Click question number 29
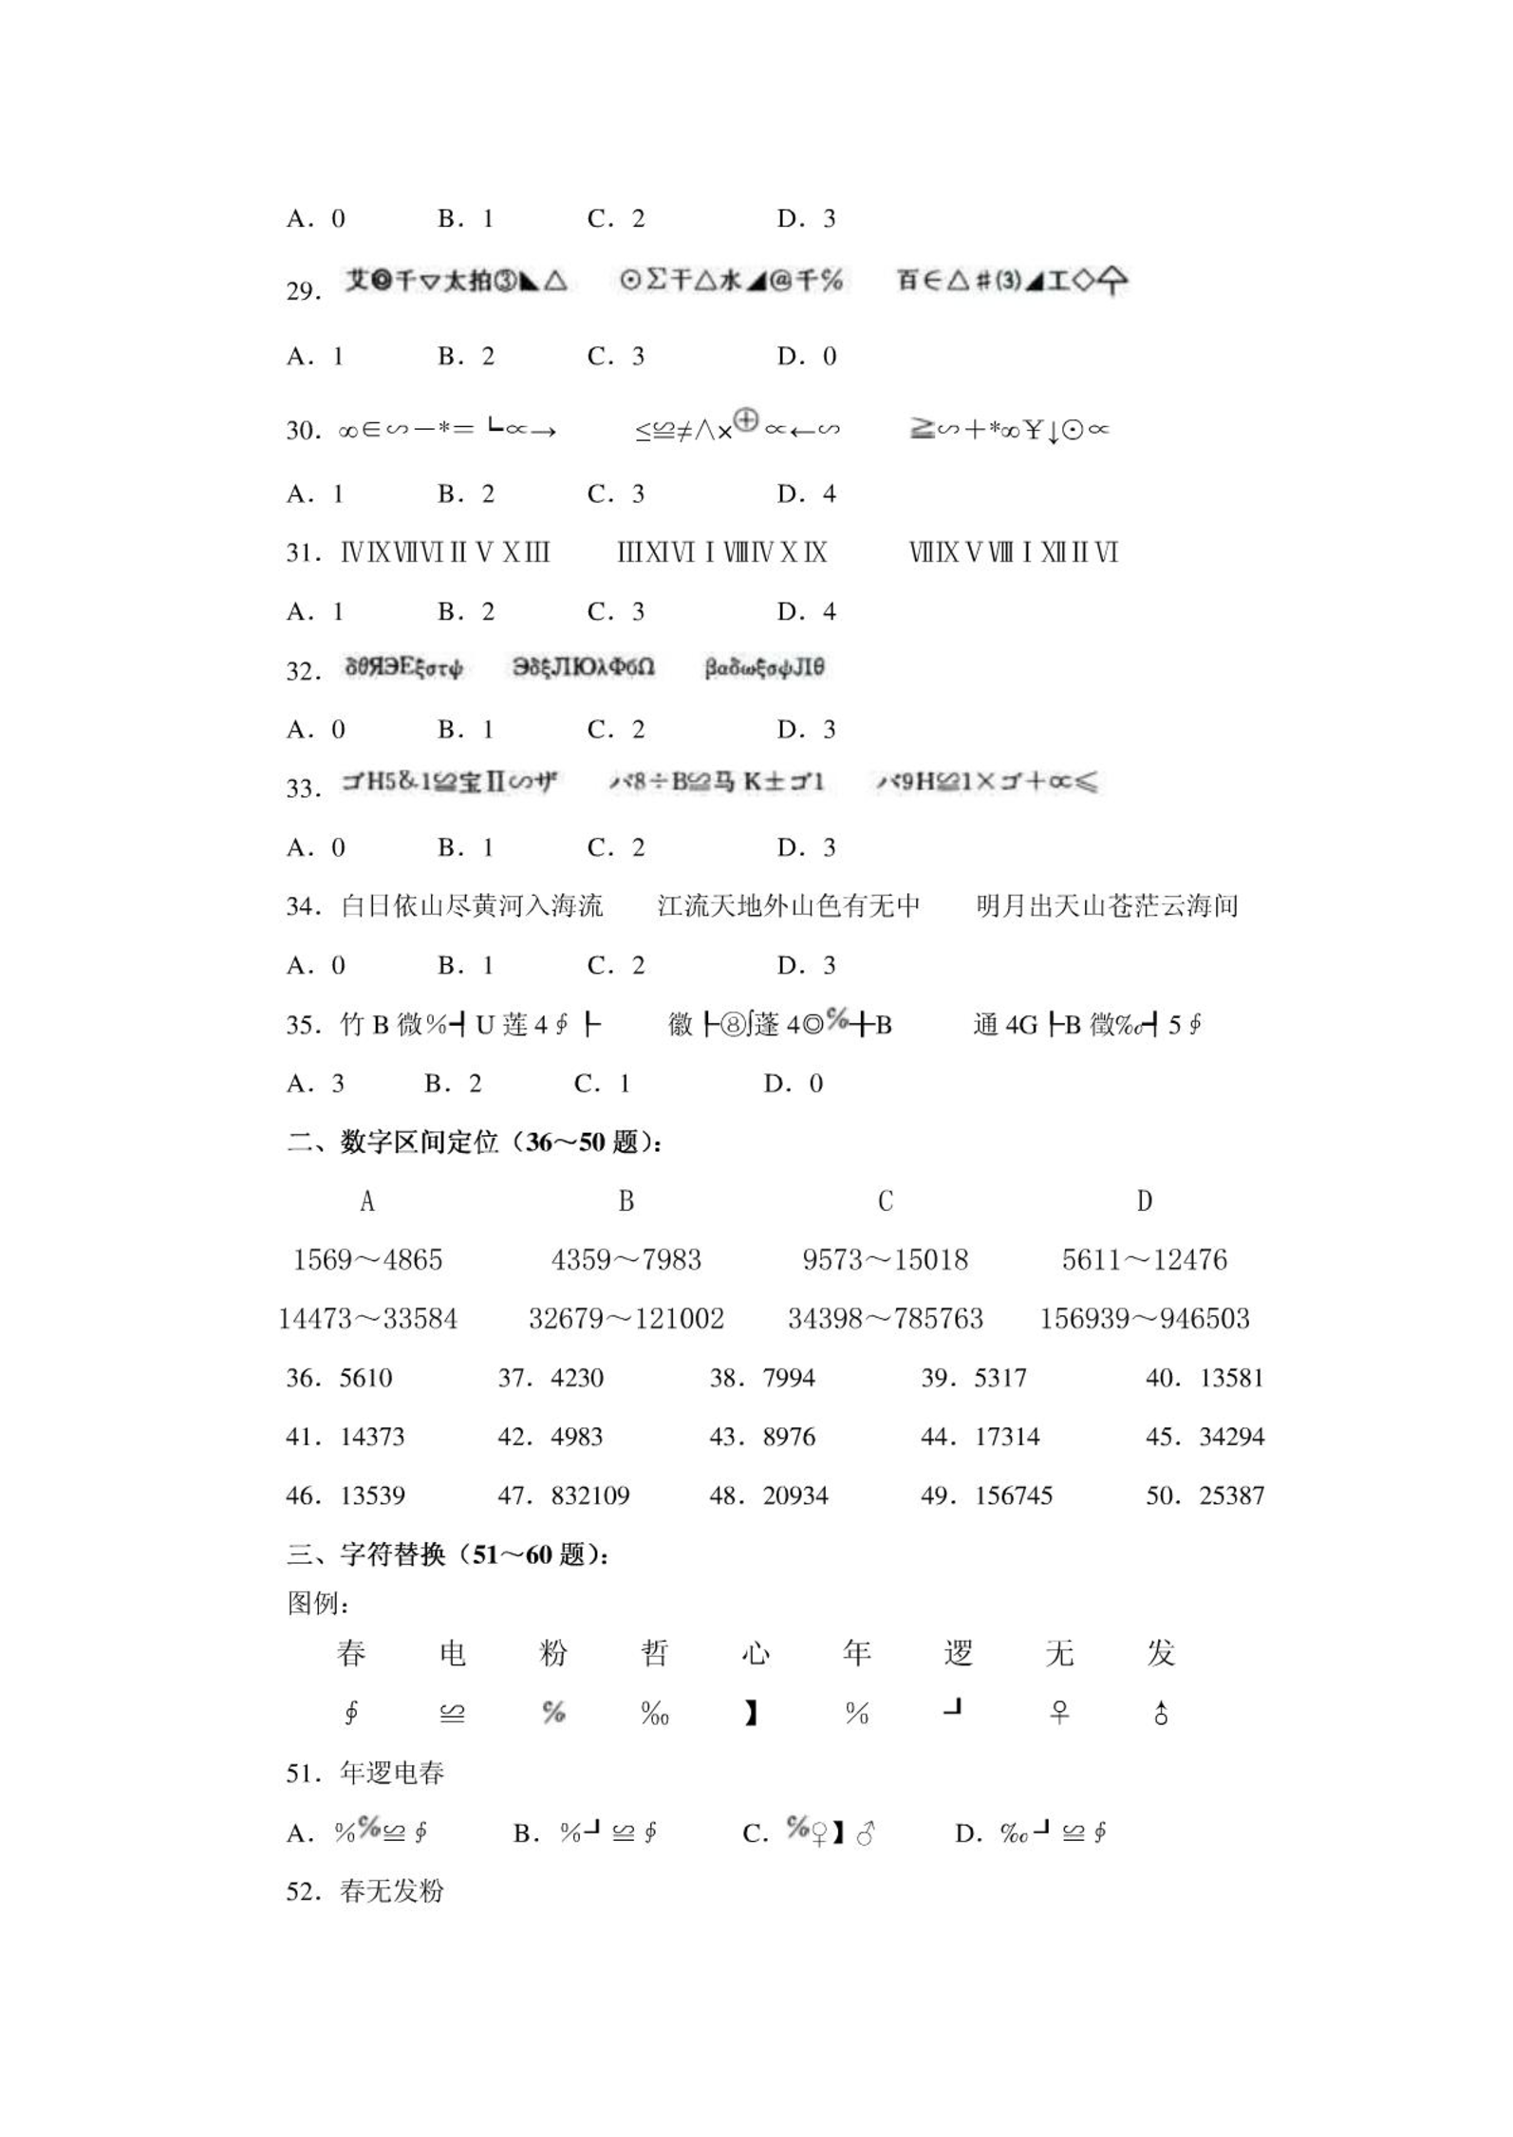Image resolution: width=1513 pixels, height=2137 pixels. [303, 291]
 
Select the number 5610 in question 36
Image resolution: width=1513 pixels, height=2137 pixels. [365, 1378]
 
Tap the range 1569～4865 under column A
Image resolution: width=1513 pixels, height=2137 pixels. [367, 1260]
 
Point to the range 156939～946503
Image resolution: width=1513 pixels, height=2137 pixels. [1144, 1319]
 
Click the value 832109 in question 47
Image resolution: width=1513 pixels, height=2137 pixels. [589, 1496]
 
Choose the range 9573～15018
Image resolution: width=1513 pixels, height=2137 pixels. [885, 1260]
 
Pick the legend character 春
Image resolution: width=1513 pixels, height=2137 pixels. [351, 1653]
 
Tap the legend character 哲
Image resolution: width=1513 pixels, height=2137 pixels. [654, 1653]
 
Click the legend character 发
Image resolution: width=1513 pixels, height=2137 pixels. [1160, 1653]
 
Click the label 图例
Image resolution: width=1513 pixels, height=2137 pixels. [317, 1604]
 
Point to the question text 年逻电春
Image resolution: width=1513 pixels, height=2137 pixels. [392, 1773]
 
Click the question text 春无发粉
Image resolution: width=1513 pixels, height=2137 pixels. [392, 1891]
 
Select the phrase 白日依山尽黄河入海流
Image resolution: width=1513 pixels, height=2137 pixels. [472, 906]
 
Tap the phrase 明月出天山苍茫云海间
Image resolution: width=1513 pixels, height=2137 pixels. [1107, 906]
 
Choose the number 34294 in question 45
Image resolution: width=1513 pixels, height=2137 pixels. [1231, 1437]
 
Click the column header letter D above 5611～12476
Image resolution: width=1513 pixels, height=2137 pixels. [1144, 1201]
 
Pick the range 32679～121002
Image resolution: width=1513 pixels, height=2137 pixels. [626, 1319]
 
